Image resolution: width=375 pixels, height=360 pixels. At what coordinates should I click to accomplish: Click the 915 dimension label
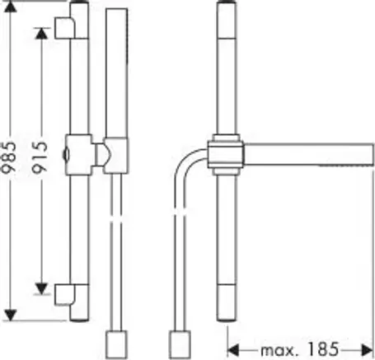click(x=40, y=157)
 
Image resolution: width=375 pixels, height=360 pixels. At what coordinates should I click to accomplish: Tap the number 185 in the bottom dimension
click(x=323, y=349)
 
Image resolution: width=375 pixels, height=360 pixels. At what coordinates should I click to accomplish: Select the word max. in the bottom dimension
click(x=279, y=351)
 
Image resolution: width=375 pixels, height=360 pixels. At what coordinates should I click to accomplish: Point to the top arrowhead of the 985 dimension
click(x=11, y=7)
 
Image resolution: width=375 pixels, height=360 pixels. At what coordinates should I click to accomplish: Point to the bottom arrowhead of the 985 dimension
click(x=11, y=315)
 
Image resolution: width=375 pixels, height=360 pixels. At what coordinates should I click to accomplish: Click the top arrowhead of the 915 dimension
click(x=41, y=33)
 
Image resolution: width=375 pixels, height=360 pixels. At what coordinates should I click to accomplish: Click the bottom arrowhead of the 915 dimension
click(x=41, y=289)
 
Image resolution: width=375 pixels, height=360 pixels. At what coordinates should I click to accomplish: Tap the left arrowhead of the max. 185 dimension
click(x=233, y=350)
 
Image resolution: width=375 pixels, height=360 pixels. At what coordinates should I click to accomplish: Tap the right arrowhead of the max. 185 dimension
click(x=368, y=350)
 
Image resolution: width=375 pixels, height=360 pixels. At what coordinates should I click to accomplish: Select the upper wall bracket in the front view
click(x=65, y=28)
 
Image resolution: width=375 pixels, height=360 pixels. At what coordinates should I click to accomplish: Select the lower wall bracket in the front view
click(x=65, y=295)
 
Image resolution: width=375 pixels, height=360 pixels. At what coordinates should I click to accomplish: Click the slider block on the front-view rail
click(x=78, y=155)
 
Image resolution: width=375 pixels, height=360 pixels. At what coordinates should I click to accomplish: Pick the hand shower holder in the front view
click(x=115, y=156)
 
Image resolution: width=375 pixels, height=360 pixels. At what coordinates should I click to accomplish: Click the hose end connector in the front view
click(x=116, y=344)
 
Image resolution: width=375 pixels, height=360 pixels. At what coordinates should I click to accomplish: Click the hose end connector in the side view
click(x=180, y=344)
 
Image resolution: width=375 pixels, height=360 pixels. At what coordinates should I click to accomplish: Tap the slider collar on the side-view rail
click(x=226, y=155)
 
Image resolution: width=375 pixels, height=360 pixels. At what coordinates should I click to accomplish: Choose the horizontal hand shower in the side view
click(x=309, y=154)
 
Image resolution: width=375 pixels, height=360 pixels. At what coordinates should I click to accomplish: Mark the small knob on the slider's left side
click(x=65, y=155)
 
